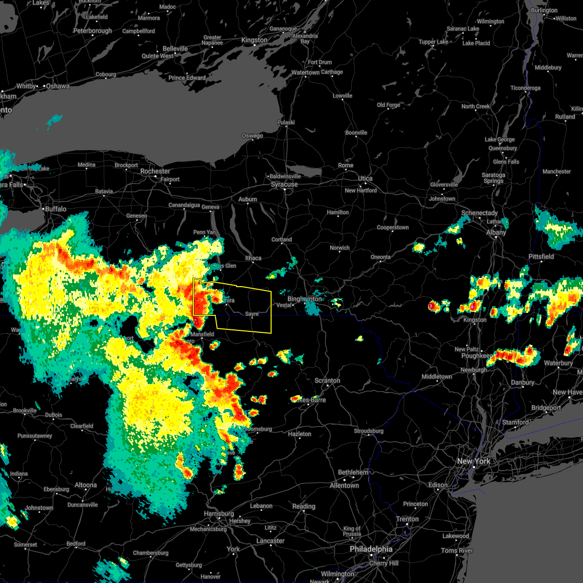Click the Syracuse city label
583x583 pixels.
[x=284, y=185]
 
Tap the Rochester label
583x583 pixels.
[x=155, y=171]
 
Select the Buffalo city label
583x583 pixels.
[x=55, y=209]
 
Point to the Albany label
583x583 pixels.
[x=496, y=232]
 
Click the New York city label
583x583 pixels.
[x=474, y=461]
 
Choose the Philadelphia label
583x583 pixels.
[x=371, y=549]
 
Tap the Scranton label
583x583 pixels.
[x=327, y=380]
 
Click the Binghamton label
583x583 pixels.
[x=305, y=299]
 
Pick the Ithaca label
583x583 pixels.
[x=253, y=258]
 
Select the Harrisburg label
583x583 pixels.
[x=219, y=514]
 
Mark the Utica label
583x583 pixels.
[x=365, y=178]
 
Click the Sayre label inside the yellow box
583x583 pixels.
[x=252, y=314]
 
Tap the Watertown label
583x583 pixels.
[x=305, y=73]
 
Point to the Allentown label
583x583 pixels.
[x=344, y=485]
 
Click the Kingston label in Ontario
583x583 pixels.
[x=254, y=40]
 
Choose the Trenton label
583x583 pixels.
[x=407, y=519]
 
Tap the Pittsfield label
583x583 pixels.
[x=541, y=257]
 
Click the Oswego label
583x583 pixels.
[x=252, y=136]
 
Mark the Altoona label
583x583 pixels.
[x=86, y=485]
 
